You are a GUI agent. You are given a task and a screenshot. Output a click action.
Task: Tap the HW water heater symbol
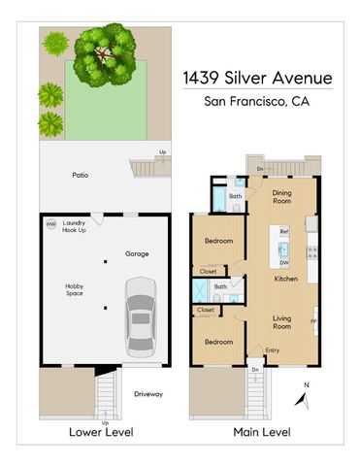(50, 225)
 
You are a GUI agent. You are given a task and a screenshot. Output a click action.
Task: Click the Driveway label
(147, 394)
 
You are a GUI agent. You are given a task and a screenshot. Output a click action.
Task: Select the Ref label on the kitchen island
(284, 233)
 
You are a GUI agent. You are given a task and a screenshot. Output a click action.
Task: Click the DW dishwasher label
(284, 262)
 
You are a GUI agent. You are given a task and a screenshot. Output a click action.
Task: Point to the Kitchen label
(284, 278)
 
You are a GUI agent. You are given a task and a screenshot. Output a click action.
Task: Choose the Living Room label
(281, 322)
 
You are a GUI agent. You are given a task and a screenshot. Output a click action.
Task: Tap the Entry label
(273, 350)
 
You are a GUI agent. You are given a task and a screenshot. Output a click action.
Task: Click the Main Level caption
(264, 432)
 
